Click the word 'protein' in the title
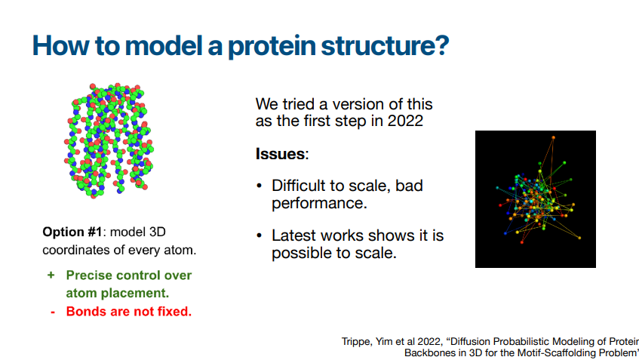pyautogui.click(x=272, y=46)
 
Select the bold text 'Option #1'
pyautogui.click(x=72, y=232)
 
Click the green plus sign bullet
pyautogui.click(x=51, y=275)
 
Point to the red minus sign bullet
pyautogui.click(x=53, y=312)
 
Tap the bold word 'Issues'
pyautogui.click(x=281, y=154)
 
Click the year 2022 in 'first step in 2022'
pyautogui.click(x=405, y=121)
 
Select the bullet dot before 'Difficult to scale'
pyautogui.click(x=260, y=186)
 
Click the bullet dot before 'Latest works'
pyautogui.click(x=260, y=236)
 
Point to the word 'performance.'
pyautogui.click(x=320, y=203)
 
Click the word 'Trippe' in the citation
pyautogui.click(x=357, y=342)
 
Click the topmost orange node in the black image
pyautogui.click(x=554, y=138)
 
